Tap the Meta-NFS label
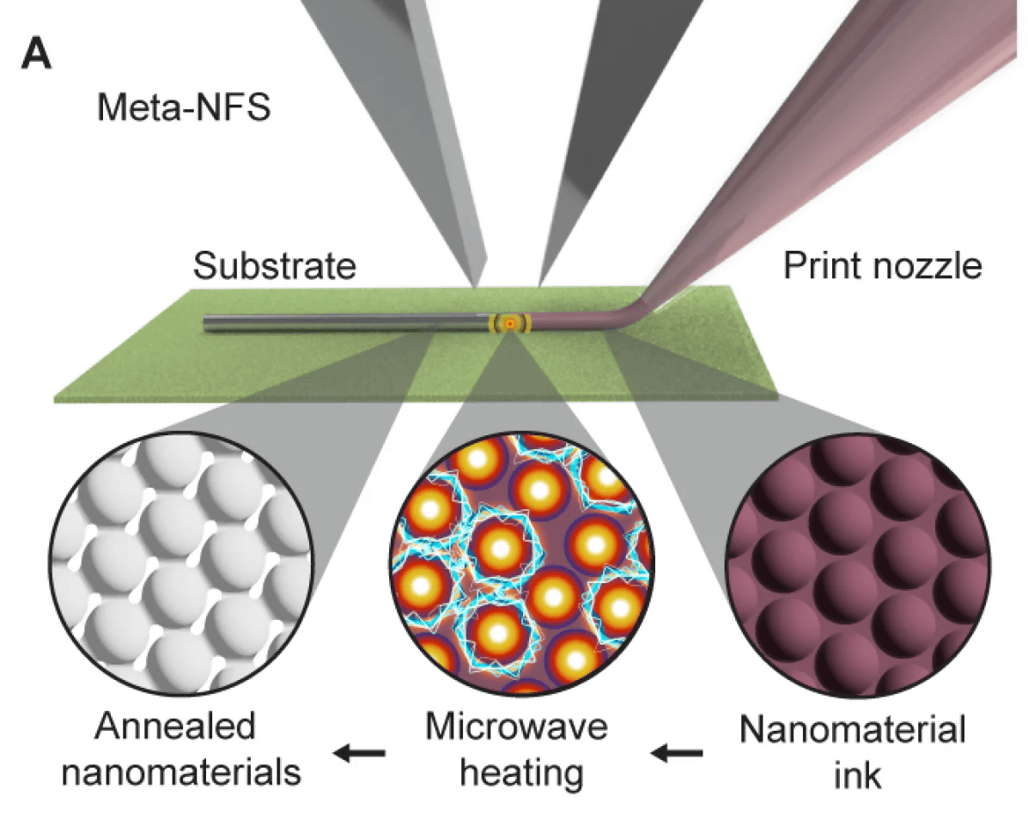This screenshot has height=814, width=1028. point(184,108)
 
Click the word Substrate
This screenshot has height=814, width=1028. point(274,266)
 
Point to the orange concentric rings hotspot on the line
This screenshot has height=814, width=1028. point(510,324)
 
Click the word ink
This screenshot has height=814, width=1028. point(852,775)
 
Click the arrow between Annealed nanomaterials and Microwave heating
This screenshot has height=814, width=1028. point(359,754)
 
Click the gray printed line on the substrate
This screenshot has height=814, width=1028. point(344,324)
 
